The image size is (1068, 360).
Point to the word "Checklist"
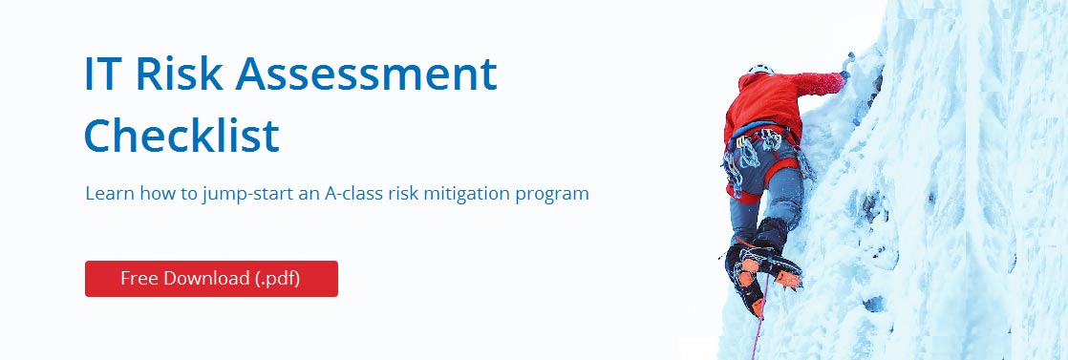point(182,134)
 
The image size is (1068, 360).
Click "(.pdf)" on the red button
point(278,278)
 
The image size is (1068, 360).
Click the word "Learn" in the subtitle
point(110,193)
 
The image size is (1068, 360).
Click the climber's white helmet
point(760,69)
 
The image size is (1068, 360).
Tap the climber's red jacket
point(777,102)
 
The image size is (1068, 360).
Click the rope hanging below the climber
point(759,320)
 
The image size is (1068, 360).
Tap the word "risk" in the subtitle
point(402,193)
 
